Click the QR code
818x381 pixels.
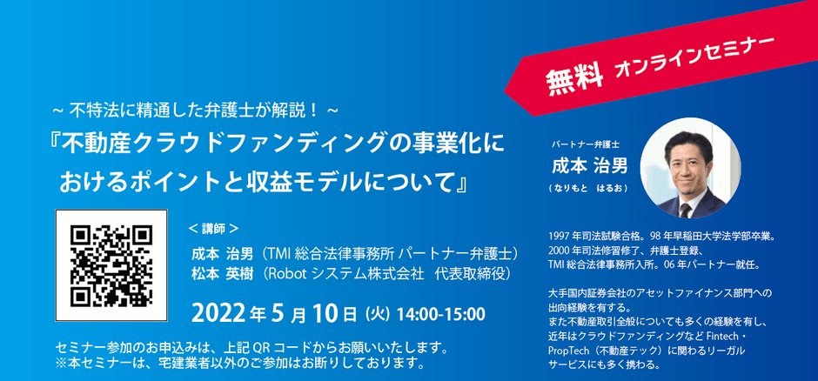(x=111, y=265)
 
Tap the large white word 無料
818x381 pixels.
(x=573, y=78)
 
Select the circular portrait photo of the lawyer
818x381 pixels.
(x=690, y=167)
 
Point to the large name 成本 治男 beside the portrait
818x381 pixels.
(x=589, y=166)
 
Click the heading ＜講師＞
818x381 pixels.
(x=213, y=228)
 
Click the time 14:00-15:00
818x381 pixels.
(x=441, y=314)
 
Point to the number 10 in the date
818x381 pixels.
(x=325, y=313)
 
